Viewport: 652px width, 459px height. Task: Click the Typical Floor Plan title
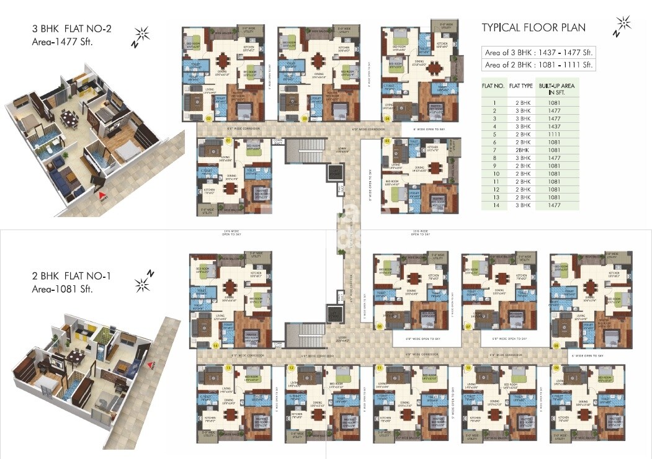tap(534, 27)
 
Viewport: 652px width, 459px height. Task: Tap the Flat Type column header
tap(521, 87)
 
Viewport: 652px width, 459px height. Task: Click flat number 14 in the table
tap(494, 205)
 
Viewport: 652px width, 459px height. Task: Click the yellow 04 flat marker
tap(387, 117)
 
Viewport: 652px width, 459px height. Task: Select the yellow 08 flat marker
tap(556, 345)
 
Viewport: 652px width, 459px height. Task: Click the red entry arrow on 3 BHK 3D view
tap(103, 198)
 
